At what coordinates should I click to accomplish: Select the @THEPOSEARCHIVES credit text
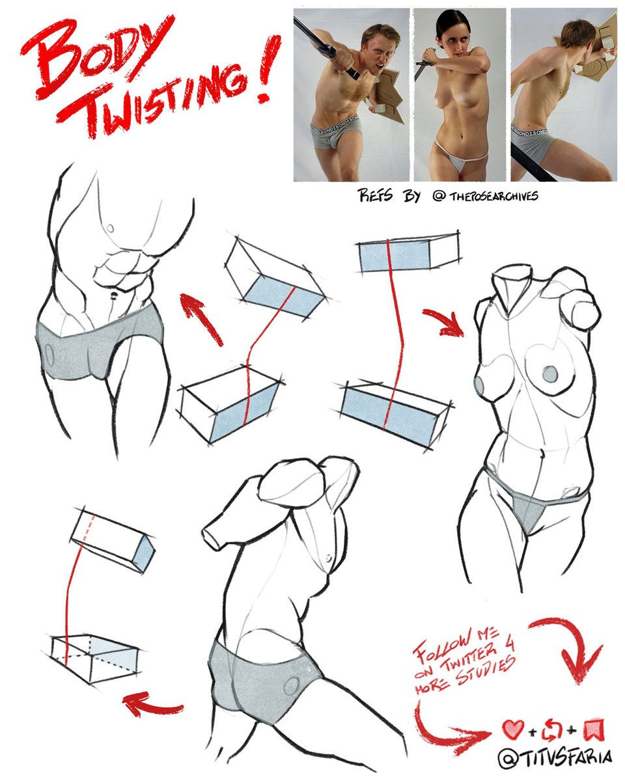click(485, 195)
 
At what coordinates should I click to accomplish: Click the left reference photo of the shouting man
click(351, 94)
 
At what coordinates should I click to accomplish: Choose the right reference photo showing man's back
click(563, 94)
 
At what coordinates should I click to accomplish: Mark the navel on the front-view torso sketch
click(114, 296)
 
